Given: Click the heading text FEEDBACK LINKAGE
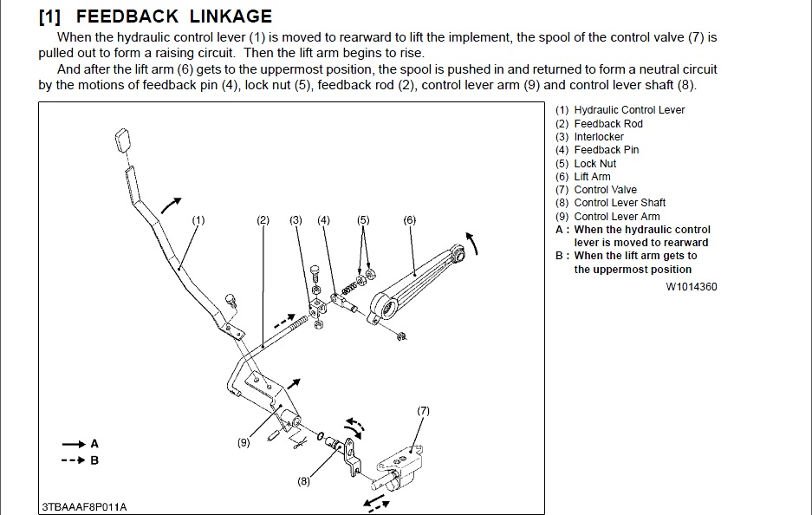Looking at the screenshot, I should (173, 16).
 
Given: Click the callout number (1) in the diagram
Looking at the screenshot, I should (198, 220).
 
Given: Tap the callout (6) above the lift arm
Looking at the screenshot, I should (410, 220).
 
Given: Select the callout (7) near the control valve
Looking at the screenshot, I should (423, 410).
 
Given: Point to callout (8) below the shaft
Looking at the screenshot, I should (303, 481).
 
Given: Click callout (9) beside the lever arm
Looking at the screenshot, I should (244, 442).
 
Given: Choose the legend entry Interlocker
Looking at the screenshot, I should (598, 137).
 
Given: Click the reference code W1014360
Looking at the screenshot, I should (692, 286).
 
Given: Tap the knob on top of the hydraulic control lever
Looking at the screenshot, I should (121, 140).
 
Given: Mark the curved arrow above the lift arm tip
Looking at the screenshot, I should (471, 238).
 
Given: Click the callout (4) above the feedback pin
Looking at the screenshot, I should (323, 220).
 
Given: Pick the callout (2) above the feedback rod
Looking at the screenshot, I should (263, 220).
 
